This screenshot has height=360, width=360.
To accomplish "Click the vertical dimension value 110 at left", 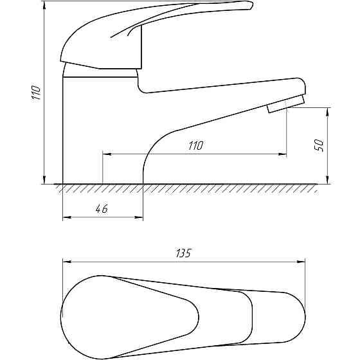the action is click(36, 93).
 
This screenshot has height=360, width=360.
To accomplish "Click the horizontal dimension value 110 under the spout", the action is click(196, 145).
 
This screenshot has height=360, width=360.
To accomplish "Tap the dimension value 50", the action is click(319, 145).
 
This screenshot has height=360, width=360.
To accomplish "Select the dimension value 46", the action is click(102, 209).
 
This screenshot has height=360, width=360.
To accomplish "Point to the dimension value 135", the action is click(183, 253).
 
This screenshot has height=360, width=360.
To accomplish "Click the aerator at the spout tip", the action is click(286, 104).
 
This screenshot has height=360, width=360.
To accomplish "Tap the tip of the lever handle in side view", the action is click(251, 5).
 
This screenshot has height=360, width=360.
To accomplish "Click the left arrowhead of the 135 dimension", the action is click(67, 262).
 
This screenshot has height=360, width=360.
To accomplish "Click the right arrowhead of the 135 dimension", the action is click(301, 262).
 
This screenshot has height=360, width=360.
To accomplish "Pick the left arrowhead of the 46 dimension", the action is click(67, 217).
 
